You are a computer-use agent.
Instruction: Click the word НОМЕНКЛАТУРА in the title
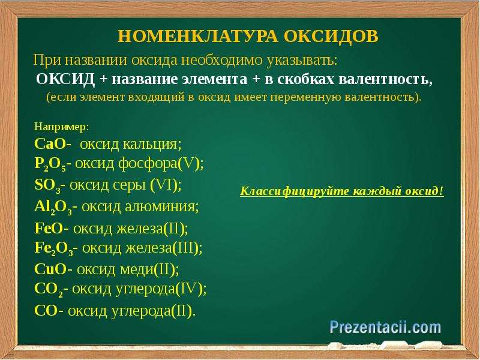[x=198, y=37]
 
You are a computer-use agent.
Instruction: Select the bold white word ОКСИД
[x=65, y=79]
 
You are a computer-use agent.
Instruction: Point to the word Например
[x=62, y=127]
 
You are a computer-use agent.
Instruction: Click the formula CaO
[x=50, y=144]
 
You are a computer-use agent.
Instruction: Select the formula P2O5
[x=50, y=164]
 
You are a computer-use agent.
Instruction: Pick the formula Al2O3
[x=53, y=208]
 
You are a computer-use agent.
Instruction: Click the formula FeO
[x=49, y=229]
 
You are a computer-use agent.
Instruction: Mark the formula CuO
[x=50, y=269]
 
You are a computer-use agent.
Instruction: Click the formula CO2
[x=49, y=290]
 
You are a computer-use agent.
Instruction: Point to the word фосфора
[x=148, y=164]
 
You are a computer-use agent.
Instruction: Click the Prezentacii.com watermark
[x=385, y=328]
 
